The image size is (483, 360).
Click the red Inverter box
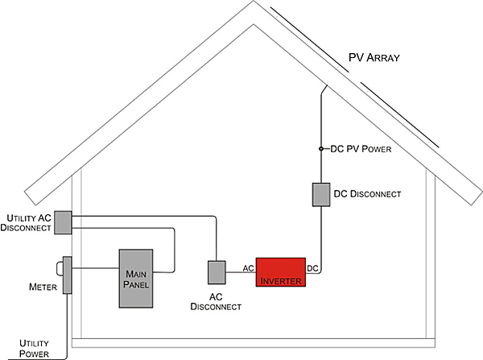pos(279,273)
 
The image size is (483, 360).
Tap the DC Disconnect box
pos(320,195)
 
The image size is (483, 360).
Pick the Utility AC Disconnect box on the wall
pos(63,221)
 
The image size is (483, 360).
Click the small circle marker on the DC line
pos(320,149)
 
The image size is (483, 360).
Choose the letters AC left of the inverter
pos(249,267)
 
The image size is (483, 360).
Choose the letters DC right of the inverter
pos(314,267)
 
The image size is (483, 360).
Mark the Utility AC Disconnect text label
pos(29,223)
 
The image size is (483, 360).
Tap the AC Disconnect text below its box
pos(215,301)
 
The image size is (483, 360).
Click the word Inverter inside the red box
pos(279,280)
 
